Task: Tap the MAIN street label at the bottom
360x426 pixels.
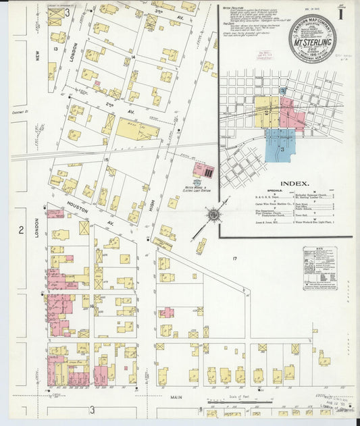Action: pos(177,398)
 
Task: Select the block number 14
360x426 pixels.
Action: pos(133,57)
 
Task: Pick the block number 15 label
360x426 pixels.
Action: pos(106,159)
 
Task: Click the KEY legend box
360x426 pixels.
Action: pos(319,267)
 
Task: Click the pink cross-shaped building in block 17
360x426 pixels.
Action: pos(166,313)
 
